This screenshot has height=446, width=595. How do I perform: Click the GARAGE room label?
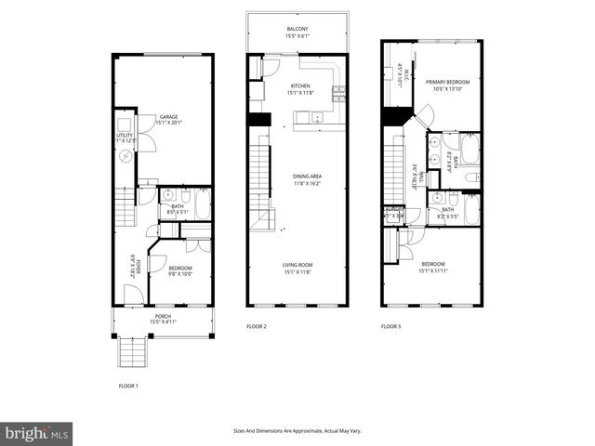[x=167, y=115]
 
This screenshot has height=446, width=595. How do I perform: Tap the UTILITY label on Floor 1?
[x=125, y=136]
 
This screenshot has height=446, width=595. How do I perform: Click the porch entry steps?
[x=130, y=352]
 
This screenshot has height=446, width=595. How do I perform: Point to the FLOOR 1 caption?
[x=128, y=386]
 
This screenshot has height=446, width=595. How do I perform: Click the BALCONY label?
[x=297, y=29]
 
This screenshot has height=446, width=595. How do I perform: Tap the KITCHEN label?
[x=287, y=85]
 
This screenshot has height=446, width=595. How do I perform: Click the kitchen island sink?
[x=317, y=118]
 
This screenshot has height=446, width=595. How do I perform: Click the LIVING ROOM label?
[x=297, y=266]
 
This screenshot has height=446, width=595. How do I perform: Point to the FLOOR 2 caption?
[x=257, y=327]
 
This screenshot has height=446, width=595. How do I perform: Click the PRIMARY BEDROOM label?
[x=448, y=82]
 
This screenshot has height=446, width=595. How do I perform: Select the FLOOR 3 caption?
[x=391, y=327]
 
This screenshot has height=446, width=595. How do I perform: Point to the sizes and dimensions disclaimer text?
[x=297, y=430]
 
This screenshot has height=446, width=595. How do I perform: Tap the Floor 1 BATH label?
[x=178, y=206]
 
